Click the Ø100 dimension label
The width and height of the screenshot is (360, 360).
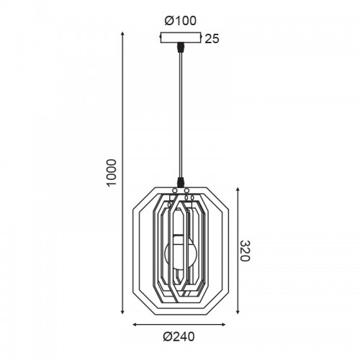pyautogui.click(x=180, y=21)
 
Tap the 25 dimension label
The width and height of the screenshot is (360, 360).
pyautogui.click(x=212, y=39)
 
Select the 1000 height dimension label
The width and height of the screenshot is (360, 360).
pyautogui.click(x=112, y=172)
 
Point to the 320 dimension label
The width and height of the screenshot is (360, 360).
pyautogui.click(x=245, y=251)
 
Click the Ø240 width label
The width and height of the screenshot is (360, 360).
pyautogui.click(x=179, y=337)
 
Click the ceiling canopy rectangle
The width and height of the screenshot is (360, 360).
pyautogui.click(x=180, y=37)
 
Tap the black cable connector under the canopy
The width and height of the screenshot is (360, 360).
pyautogui.click(x=180, y=47)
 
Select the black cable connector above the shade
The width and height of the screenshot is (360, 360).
pyautogui.click(x=180, y=182)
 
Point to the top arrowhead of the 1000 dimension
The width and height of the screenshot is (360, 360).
pyautogui.click(x=122, y=34)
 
